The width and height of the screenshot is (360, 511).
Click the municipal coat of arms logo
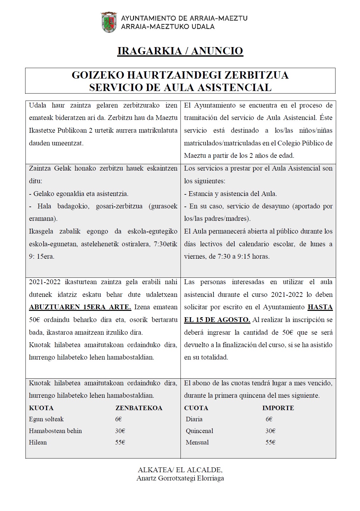pyautogui.click(x=109, y=22)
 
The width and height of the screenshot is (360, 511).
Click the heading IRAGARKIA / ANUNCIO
pyautogui.click(x=180, y=51)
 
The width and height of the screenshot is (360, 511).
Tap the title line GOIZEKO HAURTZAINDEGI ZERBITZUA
pyautogui.click(x=180, y=75)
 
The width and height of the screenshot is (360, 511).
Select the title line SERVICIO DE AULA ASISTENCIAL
pyautogui.click(x=180, y=87)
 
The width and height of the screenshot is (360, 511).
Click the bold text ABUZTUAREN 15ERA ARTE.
pyautogui.click(x=80, y=307)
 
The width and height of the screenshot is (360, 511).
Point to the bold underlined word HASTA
pyautogui.click(x=320, y=307)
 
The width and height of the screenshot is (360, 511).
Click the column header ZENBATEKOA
pyautogui.click(x=139, y=408)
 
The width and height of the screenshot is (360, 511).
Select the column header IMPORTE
pyautogui.click(x=278, y=408)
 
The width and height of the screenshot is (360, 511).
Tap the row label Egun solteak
pyautogui.click(x=46, y=419)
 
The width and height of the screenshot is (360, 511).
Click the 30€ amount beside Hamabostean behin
pyautogui.click(x=120, y=431)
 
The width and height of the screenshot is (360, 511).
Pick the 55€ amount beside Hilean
pyautogui.click(x=120, y=442)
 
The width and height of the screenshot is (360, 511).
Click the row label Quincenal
pyautogui.click(x=199, y=431)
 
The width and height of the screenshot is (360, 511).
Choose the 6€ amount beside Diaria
pyautogui.click(x=269, y=419)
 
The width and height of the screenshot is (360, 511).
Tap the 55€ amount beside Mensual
pyautogui.click(x=270, y=442)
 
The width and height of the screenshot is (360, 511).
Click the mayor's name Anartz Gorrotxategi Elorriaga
pyautogui.click(x=180, y=478)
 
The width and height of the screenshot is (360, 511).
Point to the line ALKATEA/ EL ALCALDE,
pyautogui.click(x=180, y=470)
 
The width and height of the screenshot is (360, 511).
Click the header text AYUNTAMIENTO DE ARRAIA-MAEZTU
pyautogui.click(x=184, y=18)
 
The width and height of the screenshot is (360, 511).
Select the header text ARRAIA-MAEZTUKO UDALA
pyautogui.click(x=168, y=27)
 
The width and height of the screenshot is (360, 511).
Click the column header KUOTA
pyautogui.click(x=41, y=408)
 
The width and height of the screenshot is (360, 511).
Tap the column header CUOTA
pyautogui.click(x=196, y=408)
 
